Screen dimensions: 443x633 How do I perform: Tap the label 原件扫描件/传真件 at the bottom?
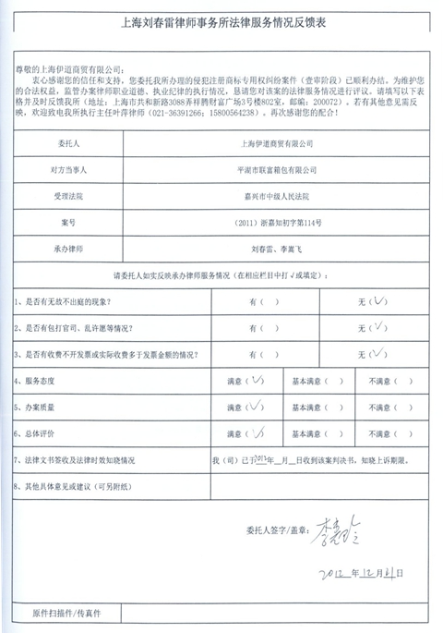pos(66,613)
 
